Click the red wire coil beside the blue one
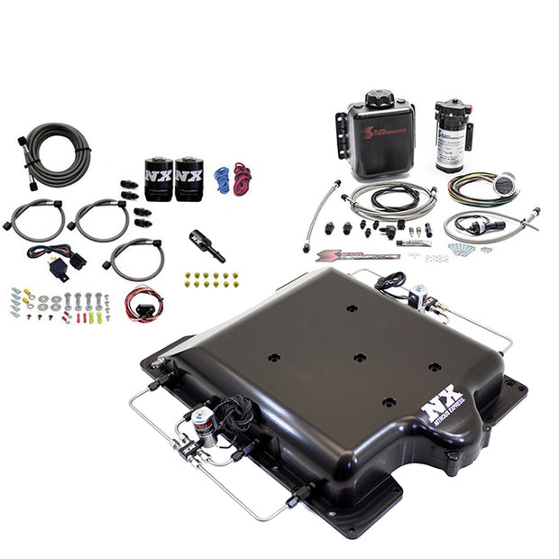(242, 179)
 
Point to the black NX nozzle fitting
(206, 244)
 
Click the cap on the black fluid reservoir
(379, 96)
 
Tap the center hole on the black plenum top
(359, 357)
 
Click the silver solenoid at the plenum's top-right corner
(417, 295)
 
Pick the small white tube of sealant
(415, 242)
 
